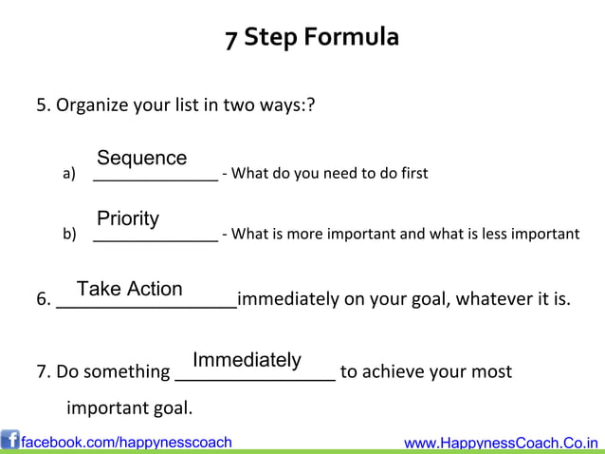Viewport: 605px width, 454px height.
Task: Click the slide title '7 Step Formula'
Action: click(312, 38)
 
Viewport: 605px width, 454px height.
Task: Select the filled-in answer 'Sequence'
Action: click(141, 158)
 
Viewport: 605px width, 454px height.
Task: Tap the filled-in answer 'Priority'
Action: click(128, 219)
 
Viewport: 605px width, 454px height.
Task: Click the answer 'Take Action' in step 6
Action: click(130, 289)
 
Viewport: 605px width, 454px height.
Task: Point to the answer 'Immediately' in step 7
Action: click(247, 360)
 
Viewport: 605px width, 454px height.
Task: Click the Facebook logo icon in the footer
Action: click(10, 441)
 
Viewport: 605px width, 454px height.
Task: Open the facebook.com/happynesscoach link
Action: click(126, 442)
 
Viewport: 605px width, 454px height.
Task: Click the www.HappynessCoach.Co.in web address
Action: click(502, 443)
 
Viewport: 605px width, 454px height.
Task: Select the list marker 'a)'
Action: click(68, 174)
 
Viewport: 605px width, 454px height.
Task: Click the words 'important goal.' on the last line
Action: click(129, 409)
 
